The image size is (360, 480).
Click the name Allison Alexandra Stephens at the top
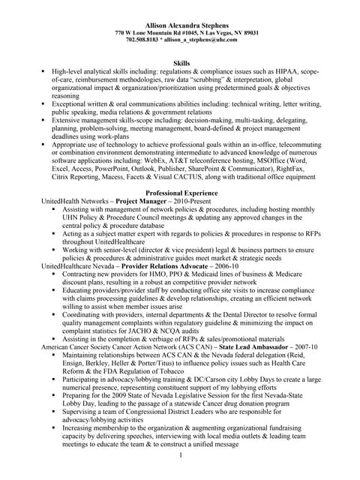[x=181, y=25]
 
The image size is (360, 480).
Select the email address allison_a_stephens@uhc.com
[x=203, y=40]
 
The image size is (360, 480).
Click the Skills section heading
[x=181, y=65]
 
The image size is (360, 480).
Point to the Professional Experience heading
[x=181, y=193]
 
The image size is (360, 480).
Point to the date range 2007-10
[x=304, y=348]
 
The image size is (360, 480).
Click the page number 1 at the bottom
[x=181, y=455]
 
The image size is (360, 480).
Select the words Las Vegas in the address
[x=214, y=33]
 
